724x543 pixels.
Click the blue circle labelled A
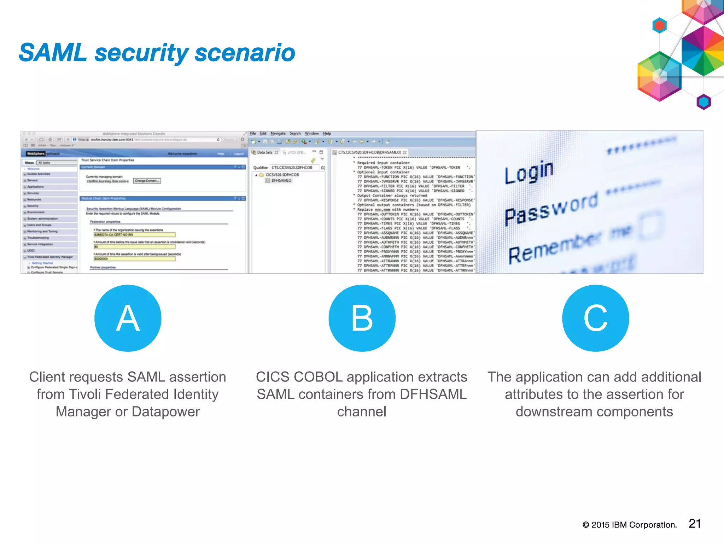[128, 318]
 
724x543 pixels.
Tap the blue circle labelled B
[362, 318]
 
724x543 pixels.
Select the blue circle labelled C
[595, 318]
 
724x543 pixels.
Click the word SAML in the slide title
[53, 53]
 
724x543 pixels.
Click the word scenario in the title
[245, 53]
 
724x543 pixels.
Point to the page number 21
[695, 524]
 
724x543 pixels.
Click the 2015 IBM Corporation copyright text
[630, 525]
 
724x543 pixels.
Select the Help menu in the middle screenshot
[327, 134]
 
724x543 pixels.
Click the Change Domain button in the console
[147, 181]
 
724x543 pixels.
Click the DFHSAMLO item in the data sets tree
[281, 180]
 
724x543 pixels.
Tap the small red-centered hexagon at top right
[659, 25]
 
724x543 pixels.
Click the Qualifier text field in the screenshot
[294, 168]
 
